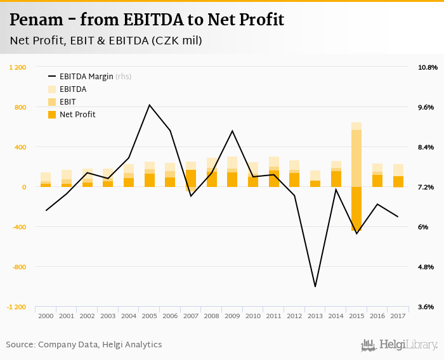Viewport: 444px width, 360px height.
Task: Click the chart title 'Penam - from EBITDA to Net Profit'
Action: click(x=147, y=20)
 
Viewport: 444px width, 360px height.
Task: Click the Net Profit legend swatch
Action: click(x=51, y=115)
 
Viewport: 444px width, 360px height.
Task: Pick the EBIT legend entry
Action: click(x=68, y=102)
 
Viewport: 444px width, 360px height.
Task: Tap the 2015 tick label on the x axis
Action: click(x=356, y=316)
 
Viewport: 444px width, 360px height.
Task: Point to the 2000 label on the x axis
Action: click(x=46, y=316)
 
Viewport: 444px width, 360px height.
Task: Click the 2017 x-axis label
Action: click(x=398, y=316)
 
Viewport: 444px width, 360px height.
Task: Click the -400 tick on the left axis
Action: click(x=18, y=227)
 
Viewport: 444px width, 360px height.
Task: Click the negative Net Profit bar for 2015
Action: click(x=356, y=209)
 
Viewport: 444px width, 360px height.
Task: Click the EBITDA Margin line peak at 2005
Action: click(x=150, y=105)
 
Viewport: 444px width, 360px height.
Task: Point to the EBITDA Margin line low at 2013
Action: click(x=315, y=286)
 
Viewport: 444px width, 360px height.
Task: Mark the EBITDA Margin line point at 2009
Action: click(x=232, y=131)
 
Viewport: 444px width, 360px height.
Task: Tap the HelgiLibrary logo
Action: click(x=400, y=345)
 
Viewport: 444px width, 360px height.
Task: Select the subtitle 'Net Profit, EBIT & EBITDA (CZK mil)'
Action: click(x=106, y=41)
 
